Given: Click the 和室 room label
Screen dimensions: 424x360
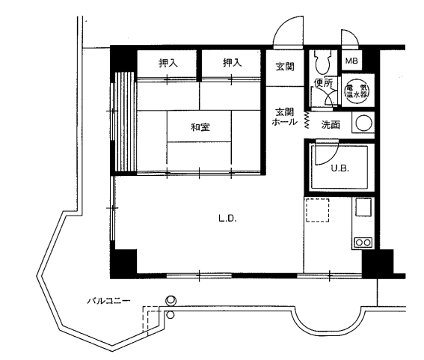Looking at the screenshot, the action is click(x=200, y=127).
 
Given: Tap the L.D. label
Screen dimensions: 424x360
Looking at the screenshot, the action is click(x=227, y=219).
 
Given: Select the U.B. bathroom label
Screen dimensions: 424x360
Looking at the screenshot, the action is click(x=340, y=168).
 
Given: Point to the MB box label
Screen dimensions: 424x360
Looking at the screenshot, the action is click(x=351, y=61).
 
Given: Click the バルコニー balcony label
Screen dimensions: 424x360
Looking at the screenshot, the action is click(x=108, y=301).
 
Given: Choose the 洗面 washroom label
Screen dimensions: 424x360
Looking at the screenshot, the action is click(x=331, y=125).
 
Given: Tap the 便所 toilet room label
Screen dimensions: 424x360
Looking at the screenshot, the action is click(x=323, y=83).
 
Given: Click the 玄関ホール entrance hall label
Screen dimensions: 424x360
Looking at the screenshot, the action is click(x=284, y=117).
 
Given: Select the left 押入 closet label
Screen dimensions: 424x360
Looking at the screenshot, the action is click(x=168, y=63).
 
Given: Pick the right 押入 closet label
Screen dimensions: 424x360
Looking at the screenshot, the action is click(x=233, y=63).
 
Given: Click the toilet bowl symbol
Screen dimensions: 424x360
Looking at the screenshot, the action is click(x=322, y=63).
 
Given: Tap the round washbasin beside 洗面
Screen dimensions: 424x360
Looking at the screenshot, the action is click(x=363, y=123).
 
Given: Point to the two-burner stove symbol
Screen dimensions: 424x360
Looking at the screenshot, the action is click(x=363, y=242).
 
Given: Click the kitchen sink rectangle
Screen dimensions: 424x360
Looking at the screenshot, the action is click(x=363, y=207).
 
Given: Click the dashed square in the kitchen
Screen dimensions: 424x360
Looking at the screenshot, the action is click(x=318, y=210).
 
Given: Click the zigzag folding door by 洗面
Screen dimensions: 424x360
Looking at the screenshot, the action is click(x=307, y=119).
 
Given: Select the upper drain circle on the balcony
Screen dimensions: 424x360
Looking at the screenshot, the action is click(x=171, y=300).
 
